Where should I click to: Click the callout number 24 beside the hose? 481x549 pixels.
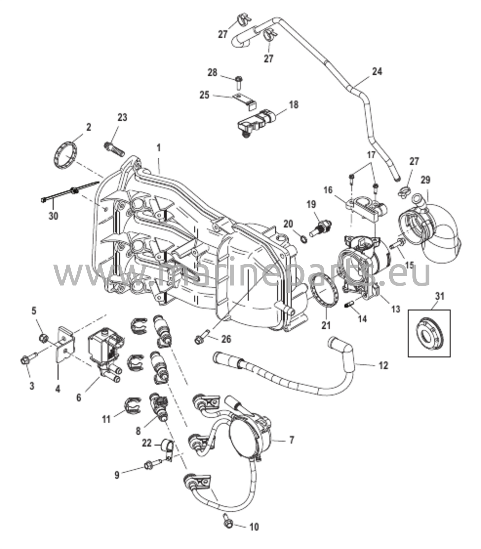(377, 72)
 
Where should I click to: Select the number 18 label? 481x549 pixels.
(294, 105)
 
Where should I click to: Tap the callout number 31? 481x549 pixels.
(440, 296)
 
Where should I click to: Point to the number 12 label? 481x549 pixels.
(384, 365)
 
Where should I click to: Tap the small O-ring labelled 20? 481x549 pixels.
(304, 239)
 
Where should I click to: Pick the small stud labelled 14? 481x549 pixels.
(349, 304)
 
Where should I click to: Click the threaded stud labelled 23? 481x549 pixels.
(114, 149)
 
